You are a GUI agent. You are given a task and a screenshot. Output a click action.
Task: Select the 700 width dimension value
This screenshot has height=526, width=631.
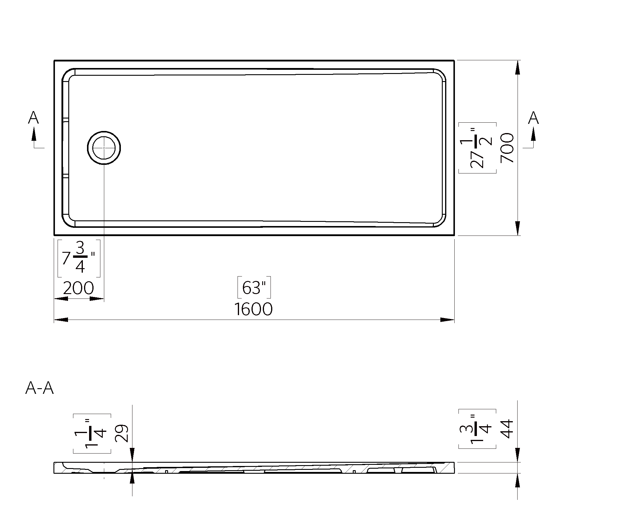(507, 148)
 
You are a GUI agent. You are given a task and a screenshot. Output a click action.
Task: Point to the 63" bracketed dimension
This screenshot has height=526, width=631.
(254, 287)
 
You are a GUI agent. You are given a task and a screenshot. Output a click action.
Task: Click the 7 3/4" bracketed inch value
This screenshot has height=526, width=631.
(79, 258)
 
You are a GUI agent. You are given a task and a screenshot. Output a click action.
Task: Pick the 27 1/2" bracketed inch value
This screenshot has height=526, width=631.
(477, 148)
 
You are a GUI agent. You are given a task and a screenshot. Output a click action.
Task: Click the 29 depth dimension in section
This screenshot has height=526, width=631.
(122, 433)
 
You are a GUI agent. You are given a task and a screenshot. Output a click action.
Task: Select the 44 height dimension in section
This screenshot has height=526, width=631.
(507, 429)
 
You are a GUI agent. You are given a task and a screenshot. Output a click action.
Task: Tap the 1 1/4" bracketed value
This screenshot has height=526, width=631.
(92, 433)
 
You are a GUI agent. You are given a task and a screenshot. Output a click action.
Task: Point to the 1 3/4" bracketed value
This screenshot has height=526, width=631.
(477, 429)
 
